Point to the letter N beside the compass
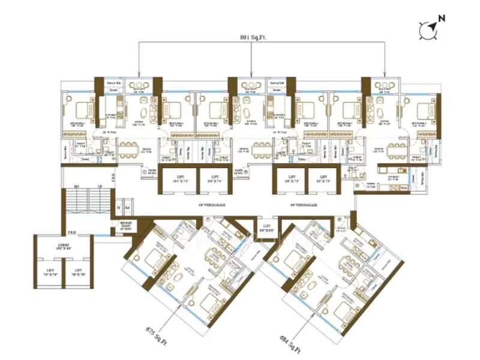pos(442,19)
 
